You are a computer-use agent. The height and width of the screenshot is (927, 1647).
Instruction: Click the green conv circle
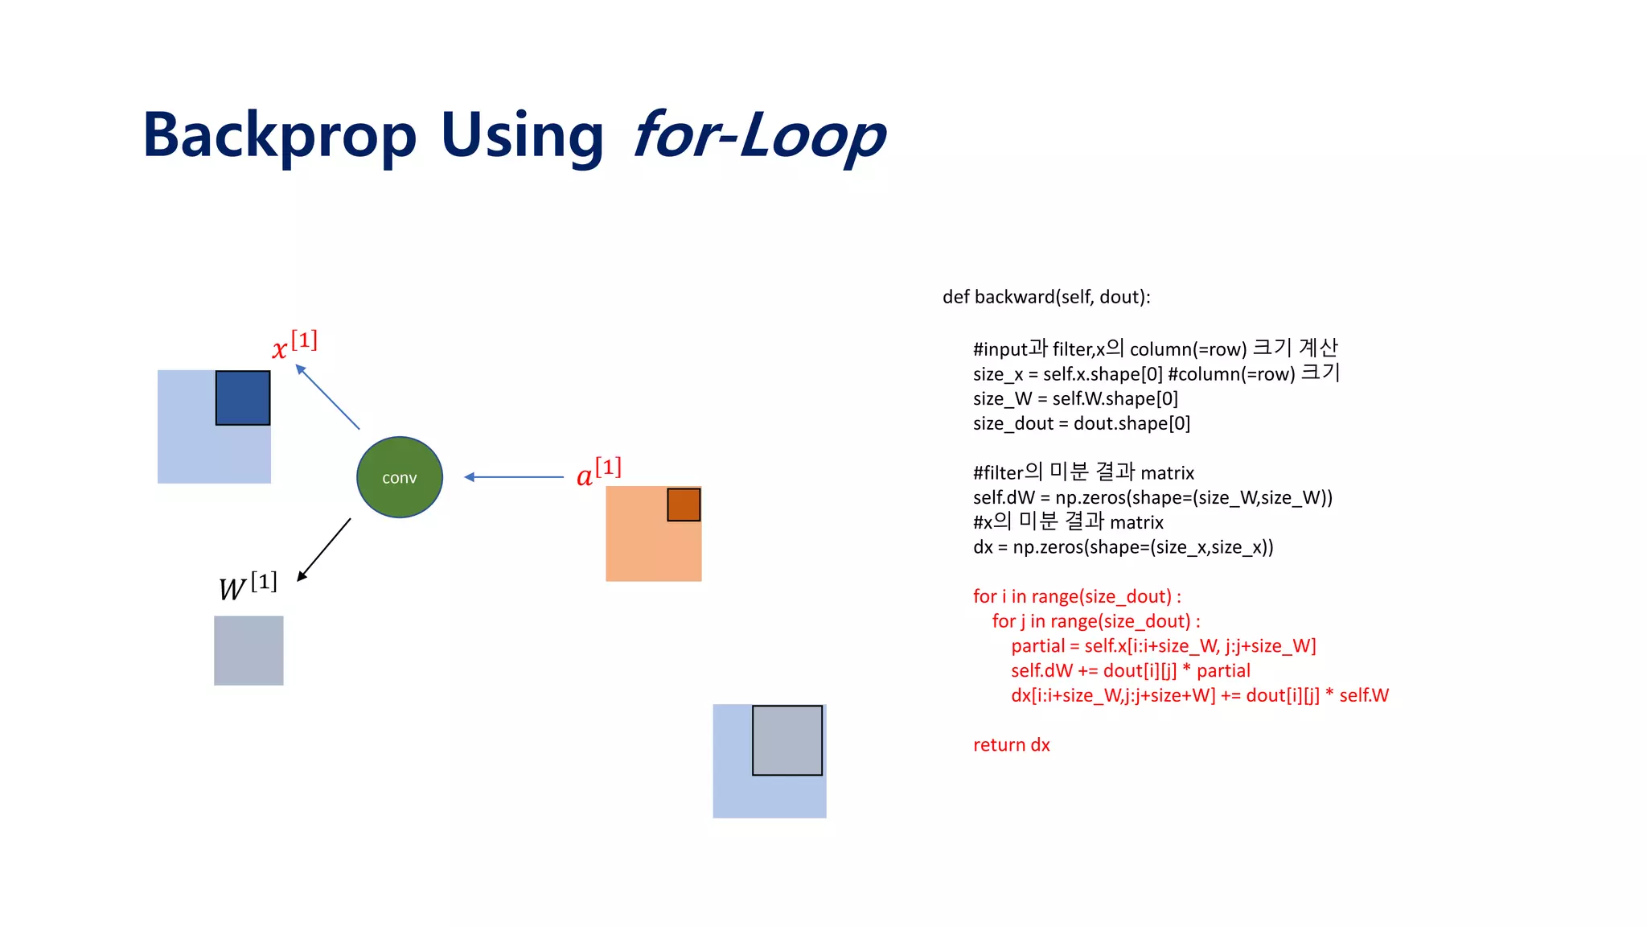click(x=399, y=477)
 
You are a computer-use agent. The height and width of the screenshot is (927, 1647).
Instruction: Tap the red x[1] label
click(x=294, y=345)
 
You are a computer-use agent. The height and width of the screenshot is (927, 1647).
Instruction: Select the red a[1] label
click(x=599, y=472)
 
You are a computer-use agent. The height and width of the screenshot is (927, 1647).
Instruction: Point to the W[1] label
click(x=248, y=586)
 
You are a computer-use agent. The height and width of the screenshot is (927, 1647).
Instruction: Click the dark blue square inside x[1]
click(x=243, y=398)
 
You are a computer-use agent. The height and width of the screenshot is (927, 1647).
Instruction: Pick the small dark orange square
click(x=684, y=505)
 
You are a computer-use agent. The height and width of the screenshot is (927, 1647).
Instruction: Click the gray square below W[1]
click(x=248, y=650)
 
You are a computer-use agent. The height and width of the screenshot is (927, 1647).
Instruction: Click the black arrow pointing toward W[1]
click(x=324, y=549)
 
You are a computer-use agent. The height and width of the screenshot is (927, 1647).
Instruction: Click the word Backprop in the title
click(x=279, y=135)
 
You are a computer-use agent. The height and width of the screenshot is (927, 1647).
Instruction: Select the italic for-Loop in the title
click(x=758, y=135)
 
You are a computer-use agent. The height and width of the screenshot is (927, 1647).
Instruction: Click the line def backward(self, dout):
click(x=1046, y=297)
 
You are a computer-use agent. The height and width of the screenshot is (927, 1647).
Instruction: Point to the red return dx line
click(x=1011, y=744)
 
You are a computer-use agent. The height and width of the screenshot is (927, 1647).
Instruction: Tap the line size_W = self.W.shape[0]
click(x=1075, y=398)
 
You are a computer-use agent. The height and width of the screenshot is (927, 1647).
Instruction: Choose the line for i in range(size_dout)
click(x=1077, y=596)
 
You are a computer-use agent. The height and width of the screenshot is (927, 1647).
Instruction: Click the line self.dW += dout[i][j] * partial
click(x=1130, y=670)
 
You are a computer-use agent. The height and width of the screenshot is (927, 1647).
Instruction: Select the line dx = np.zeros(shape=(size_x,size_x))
click(x=1123, y=547)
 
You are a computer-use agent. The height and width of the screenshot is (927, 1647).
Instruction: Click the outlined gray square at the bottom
click(x=787, y=740)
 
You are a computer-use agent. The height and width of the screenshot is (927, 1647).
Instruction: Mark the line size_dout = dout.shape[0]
click(x=1081, y=423)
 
